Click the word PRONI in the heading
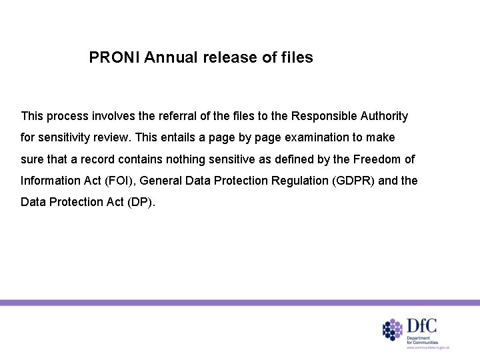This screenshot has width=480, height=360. (111, 58)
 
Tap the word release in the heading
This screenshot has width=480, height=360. (223, 58)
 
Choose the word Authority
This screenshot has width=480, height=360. (384, 116)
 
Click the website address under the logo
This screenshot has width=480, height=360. (429, 348)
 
